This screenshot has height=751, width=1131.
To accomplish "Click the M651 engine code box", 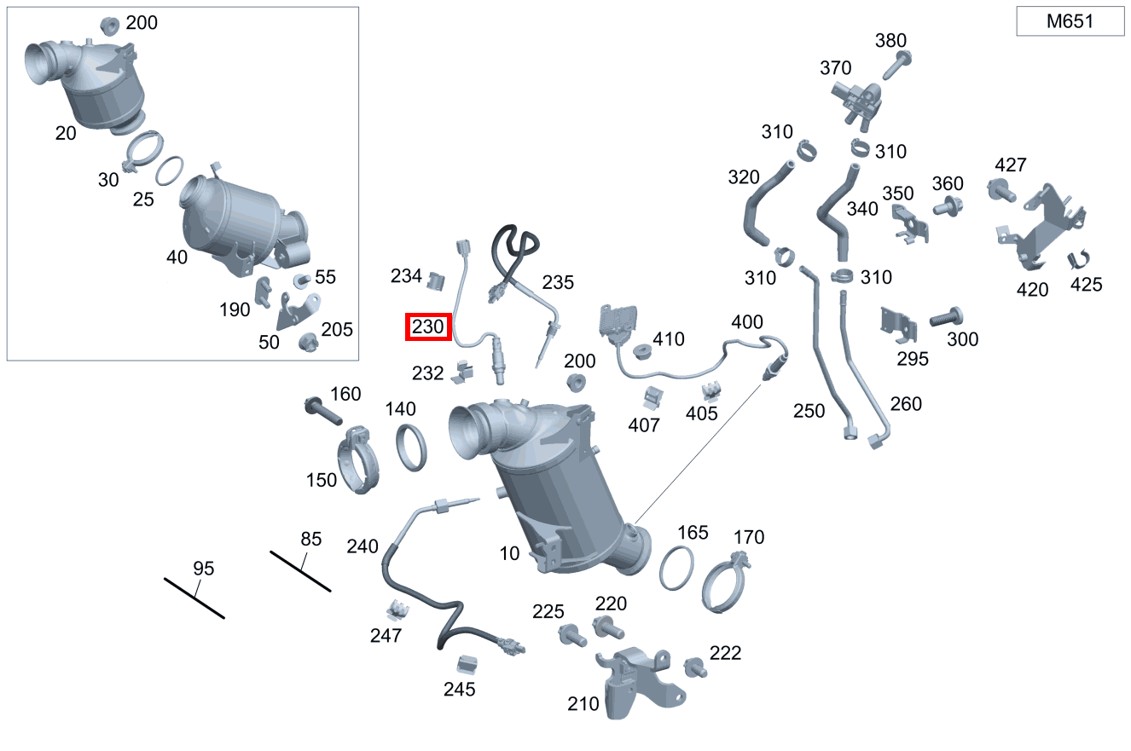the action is [1070, 21].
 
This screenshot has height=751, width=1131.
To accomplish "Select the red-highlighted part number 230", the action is [428, 326].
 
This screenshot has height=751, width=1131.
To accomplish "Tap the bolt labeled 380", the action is [897, 66].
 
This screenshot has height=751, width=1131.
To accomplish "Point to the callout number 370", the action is [835, 67].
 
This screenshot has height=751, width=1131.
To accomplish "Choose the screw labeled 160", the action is [323, 412].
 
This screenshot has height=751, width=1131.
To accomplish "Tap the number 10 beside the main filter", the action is [509, 554].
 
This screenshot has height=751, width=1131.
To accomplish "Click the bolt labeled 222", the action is [695, 668].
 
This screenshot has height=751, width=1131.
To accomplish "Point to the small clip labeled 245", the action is [467, 665].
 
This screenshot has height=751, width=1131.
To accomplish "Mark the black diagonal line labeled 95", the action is [194, 598].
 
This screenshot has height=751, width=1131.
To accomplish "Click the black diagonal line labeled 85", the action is [300, 571].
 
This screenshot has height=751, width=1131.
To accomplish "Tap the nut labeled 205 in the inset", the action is [308, 343].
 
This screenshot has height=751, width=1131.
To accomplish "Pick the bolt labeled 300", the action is [946, 317].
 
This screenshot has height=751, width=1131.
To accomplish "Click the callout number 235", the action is [558, 282].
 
